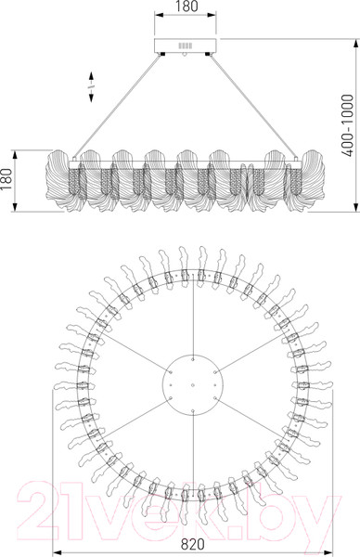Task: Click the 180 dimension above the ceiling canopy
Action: [x=186, y=6]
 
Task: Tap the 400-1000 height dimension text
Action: [x=347, y=125]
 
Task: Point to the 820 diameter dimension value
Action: [x=193, y=544]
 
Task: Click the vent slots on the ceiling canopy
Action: [x=185, y=45]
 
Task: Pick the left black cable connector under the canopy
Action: [x=162, y=54]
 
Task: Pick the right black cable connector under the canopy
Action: [x=208, y=54]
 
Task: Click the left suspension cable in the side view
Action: [x=117, y=106]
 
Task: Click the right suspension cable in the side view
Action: [x=253, y=106]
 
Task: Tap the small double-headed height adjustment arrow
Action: [x=91, y=87]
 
